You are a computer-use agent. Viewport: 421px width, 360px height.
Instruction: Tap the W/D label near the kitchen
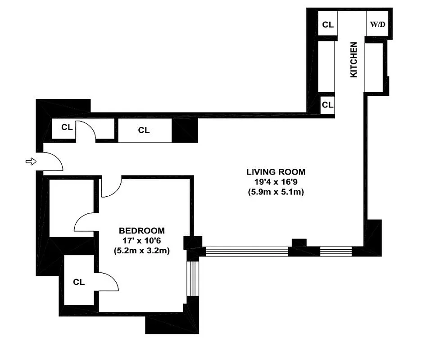pos(378,24)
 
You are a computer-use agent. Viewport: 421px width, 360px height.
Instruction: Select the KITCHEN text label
pos(354,59)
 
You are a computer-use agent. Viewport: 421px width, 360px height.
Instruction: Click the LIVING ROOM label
pos(276,171)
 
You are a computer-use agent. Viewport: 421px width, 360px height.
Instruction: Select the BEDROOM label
pos(141,231)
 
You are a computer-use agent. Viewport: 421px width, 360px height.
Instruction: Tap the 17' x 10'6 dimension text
pos(141,241)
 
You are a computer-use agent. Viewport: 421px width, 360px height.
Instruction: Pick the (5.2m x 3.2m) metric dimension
pos(141,251)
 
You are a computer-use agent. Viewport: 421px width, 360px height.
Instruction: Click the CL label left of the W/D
pos(328,25)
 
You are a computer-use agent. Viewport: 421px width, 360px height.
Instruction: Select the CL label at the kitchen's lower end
pos(327,105)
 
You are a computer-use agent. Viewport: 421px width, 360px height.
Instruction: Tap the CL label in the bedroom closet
pos(79,282)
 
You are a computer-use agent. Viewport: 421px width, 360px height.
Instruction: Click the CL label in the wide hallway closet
pos(144,130)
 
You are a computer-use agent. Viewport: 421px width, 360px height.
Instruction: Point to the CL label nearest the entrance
pos(67,127)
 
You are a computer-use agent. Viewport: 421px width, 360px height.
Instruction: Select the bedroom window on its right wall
pos(192,278)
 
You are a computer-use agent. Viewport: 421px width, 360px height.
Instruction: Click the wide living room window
pos(246,251)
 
